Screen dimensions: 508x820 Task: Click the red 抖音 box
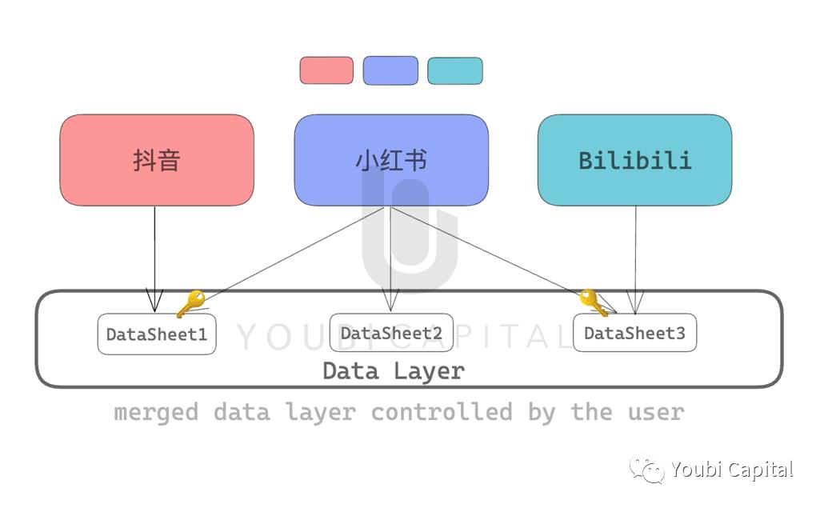click(157, 160)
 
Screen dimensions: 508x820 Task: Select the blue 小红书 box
click(391, 160)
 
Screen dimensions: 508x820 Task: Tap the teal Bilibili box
click(634, 160)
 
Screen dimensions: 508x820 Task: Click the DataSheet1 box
click(157, 334)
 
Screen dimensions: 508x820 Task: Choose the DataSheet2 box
click(391, 333)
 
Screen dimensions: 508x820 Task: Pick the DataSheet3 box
click(634, 333)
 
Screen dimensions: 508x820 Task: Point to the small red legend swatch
click(326, 70)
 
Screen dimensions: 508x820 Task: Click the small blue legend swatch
click(390, 70)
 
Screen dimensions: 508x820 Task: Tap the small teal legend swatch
click(455, 70)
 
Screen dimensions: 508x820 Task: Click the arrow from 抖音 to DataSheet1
click(154, 256)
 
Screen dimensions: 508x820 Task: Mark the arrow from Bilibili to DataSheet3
click(636, 256)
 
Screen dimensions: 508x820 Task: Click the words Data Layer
click(393, 371)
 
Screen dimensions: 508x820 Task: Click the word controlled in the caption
click(441, 413)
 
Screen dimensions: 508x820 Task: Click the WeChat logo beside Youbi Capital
click(646, 470)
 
